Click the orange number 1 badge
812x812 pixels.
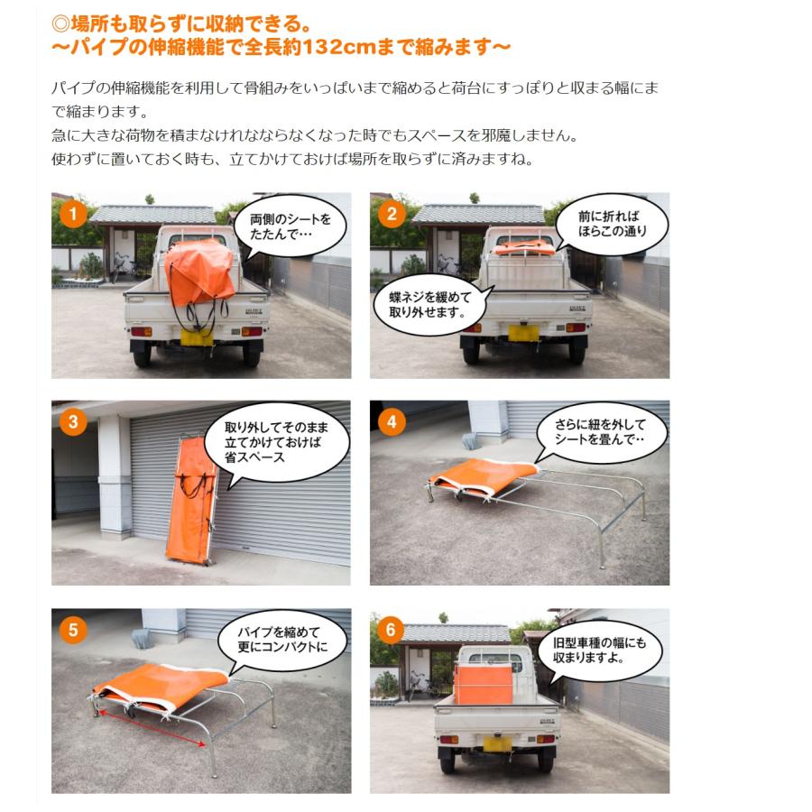point(73,214)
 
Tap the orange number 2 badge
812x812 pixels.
point(392,214)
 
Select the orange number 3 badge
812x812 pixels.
point(73,422)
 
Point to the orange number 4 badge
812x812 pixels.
point(392,422)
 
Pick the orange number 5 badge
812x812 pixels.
point(73,629)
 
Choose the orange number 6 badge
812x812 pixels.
point(392,629)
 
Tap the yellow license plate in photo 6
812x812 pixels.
point(495,743)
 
